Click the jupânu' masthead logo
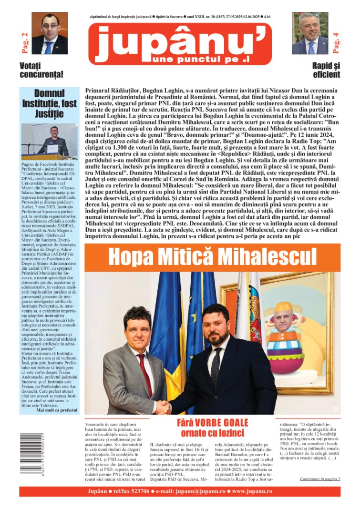(180, 44)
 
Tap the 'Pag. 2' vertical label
(24, 41)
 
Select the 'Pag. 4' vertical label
(336, 42)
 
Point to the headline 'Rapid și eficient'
(326, 71)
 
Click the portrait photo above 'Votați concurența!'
(50, 33)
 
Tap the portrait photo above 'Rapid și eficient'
(310, 33)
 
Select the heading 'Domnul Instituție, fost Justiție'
(49, 103)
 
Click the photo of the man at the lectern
(49, 142)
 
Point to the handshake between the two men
(164, 407)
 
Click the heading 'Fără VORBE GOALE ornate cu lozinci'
(212, 428)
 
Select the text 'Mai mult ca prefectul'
(56, 410)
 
